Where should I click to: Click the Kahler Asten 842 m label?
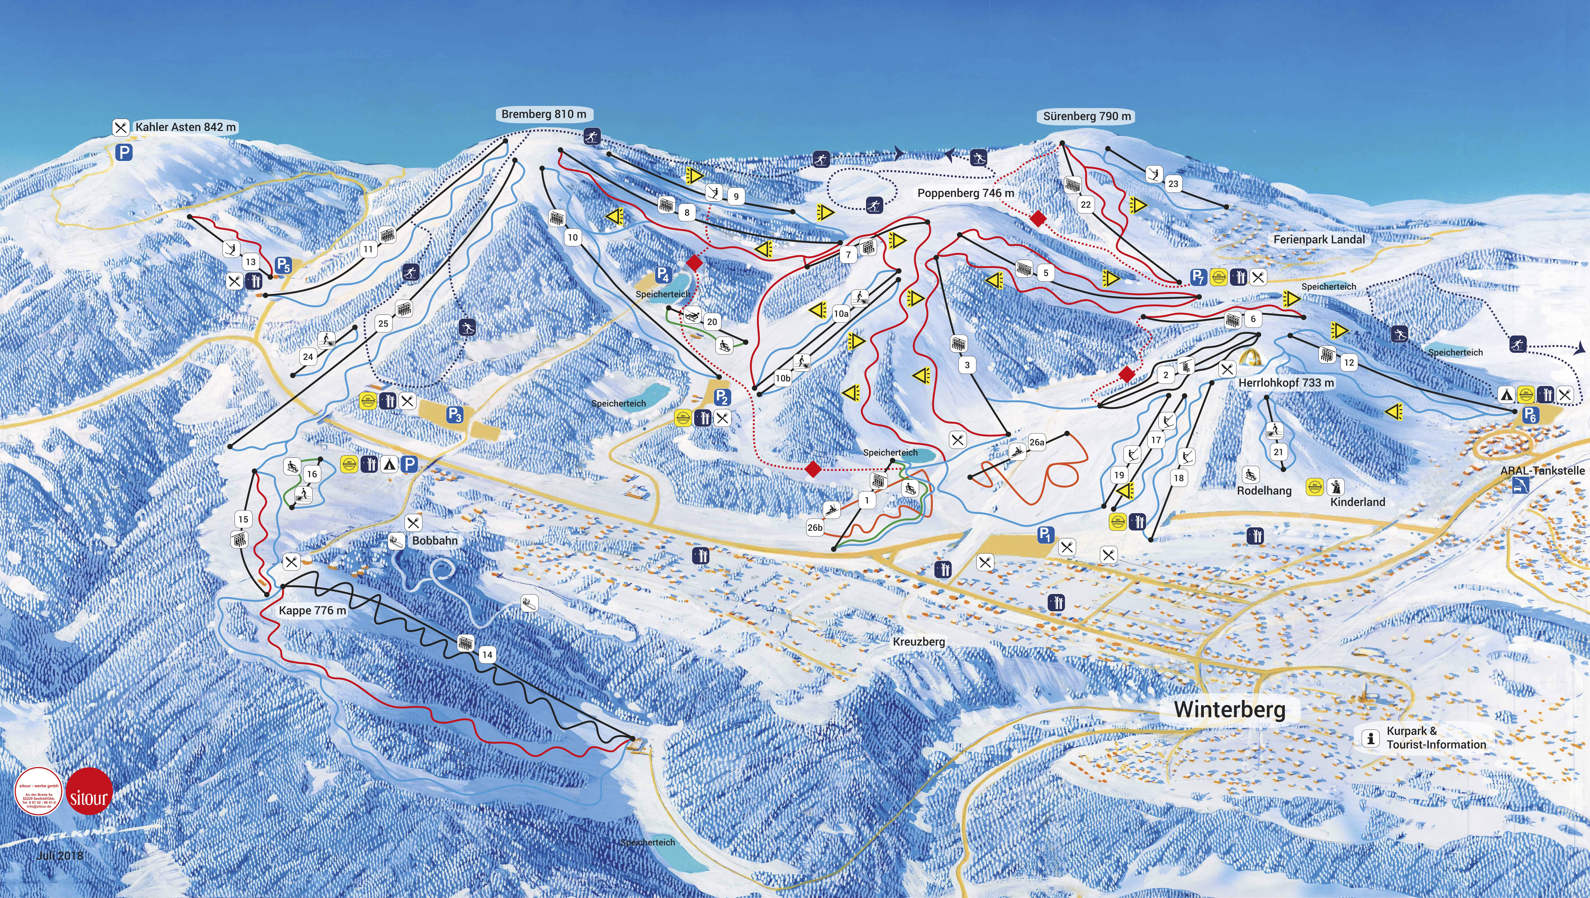(x=185, y=127)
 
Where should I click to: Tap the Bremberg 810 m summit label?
(x=543, y=114)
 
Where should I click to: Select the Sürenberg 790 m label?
(x=1087, y=116)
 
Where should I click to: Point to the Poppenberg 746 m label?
(x=965, y=193)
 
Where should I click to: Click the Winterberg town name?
(x=1229, y=709)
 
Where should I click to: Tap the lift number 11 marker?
(x=368, y=249)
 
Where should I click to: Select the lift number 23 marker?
(x=1173, y=183)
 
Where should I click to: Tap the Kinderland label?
(x=1357, y=502)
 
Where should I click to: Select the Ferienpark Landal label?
(x=1319, y=239)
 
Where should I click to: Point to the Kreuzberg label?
(x=919, y=642)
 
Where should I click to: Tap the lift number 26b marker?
(x=815, y=528)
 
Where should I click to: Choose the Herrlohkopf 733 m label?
(x=1286, y=383)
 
